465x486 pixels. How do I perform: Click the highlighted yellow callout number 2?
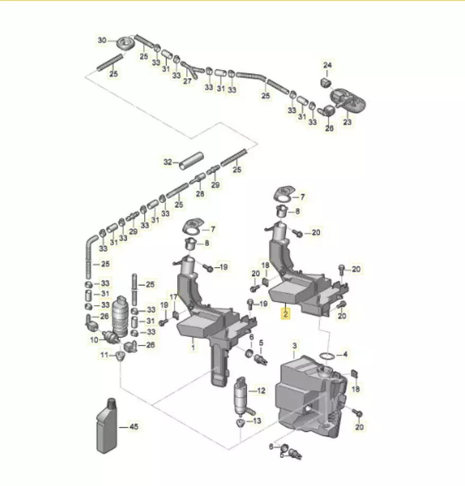(x=285, y=314)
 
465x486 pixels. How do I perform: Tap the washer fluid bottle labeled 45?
(x=107, y=426)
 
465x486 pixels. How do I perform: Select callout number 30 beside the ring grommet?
(x=102, y=40)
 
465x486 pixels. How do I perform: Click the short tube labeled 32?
(x=191, y=160)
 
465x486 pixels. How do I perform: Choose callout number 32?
(x=168, y=162)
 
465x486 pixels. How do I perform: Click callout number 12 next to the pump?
(x=261, y=391)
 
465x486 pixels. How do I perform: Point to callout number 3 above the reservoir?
(x=294, y=345)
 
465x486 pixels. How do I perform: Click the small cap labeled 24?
(x=325, y=83)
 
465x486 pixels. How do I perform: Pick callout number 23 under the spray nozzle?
(x=347, y=122)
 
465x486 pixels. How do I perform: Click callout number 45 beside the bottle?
(x=134, y=427)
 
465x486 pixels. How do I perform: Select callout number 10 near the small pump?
(x=94, y=340)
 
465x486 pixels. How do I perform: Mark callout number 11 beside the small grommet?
(x=104, y=355)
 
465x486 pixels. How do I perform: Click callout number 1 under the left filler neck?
(x=193, y=348)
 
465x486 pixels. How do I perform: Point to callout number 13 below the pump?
(x=257, y=421)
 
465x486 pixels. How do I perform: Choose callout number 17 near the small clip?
(x=173, y=297)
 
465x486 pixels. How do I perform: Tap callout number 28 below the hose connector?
(x=200, y=194)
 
